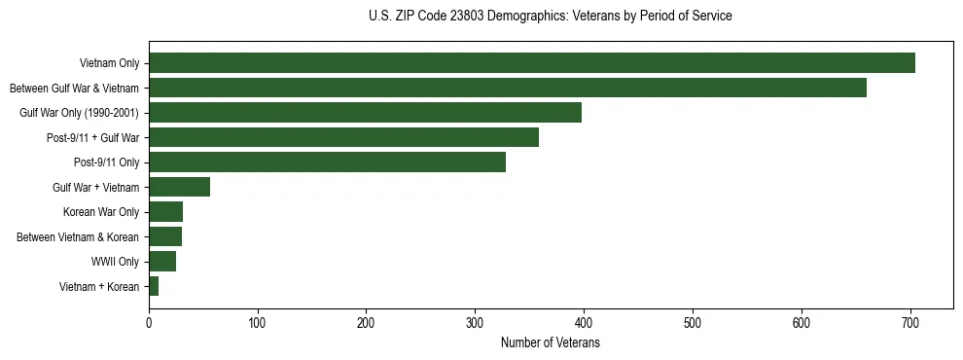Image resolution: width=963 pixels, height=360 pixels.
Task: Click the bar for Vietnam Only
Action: click(x=531, y=63)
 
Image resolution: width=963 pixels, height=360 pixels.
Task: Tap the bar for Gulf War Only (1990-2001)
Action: click(x=365, y=113)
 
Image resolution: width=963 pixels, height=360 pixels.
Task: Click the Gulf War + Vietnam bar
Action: click(x=179, y=188)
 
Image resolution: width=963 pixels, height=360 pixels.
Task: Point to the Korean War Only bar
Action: click(x=165, y=212)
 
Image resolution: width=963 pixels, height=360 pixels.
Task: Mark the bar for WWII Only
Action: click(x=162, y=262)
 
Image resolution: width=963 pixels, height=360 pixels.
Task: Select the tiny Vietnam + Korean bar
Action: click(x=154, y=286)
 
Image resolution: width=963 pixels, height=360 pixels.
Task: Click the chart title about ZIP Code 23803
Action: click(x=551, y=17)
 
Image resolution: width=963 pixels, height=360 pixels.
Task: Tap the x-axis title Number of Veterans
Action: click(x=551, y=343)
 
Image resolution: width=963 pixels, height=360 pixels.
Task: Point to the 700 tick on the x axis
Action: click(x=910, y=324)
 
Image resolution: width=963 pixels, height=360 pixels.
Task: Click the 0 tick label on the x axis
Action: click(x=149, y=324)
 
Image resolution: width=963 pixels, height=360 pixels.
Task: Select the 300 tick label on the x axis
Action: click(x=475, y=324)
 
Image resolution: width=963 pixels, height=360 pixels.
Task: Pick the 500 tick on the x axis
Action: click(x=693, y=324)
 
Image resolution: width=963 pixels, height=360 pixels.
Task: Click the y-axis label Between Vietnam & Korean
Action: click(x=78, y=237)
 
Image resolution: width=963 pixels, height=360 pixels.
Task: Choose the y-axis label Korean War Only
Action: click(x=101, y=212)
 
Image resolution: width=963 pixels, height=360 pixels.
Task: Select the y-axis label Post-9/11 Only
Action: click(x=106, y=162)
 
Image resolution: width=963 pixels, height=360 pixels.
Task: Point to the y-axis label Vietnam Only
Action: click(x=109, y=63)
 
